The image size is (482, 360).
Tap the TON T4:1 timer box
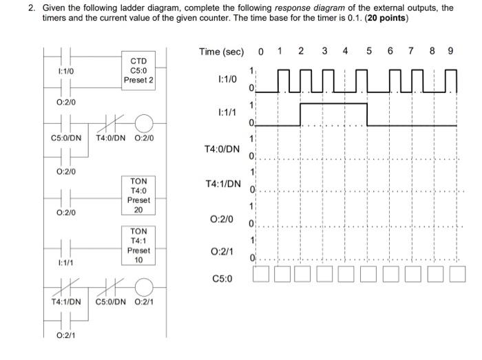point(138,246)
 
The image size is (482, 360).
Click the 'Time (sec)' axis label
point(221,52)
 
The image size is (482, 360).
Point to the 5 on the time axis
point(368,51)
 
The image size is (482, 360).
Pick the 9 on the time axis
point(450,51)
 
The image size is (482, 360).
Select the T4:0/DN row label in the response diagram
point(222,149)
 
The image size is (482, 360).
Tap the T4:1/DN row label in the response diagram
point(222,184)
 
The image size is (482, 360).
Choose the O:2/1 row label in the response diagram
point(227,251)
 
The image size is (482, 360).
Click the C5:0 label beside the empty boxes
point(223,279)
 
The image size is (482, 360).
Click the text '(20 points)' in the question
point(384,19)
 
